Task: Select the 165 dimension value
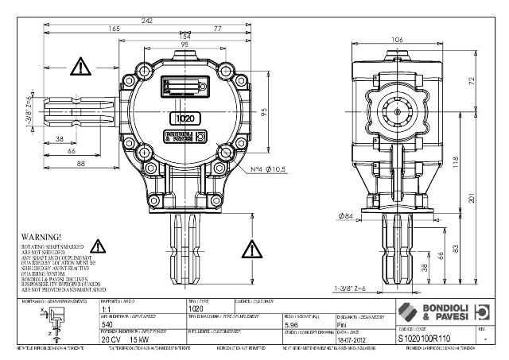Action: [114, 28]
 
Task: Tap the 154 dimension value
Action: [185, 37]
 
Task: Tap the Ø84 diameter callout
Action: [345, 215]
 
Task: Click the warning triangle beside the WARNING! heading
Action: [100, 246]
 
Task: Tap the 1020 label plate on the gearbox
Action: [185, 118]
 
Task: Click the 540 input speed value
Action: [107, 324]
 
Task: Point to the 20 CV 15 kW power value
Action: [119, 338]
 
